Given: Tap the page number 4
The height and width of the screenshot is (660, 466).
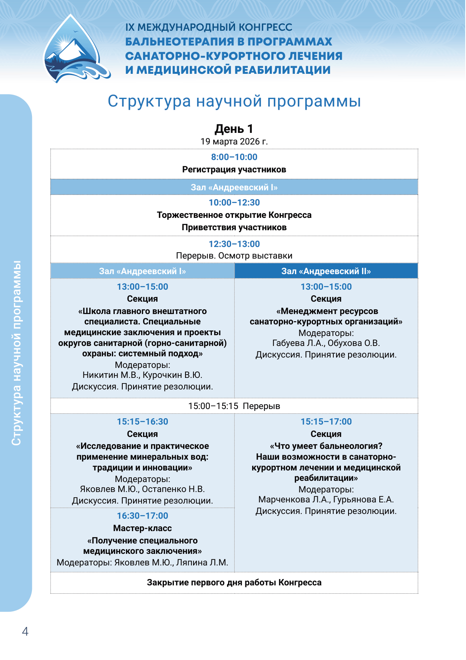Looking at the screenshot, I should (25, 631).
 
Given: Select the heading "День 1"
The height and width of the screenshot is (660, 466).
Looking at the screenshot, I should (234, 129).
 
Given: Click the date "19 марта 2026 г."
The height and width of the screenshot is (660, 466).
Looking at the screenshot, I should (234, 142).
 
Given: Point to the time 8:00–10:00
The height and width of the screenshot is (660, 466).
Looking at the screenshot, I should (234, 157).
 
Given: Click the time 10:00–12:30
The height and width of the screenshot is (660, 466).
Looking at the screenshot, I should (234, 203).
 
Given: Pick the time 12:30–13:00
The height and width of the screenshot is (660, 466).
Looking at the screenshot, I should (234, 244).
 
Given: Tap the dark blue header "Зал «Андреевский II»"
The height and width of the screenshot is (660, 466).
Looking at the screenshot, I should (326, 271).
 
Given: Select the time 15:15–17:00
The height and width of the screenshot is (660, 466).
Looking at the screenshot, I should (326, 422).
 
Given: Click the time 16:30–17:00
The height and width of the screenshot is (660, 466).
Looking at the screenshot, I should (142, 516).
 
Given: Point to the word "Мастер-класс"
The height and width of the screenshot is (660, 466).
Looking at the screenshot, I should (142, 528).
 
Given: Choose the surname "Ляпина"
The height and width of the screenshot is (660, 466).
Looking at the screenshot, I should (194, 563).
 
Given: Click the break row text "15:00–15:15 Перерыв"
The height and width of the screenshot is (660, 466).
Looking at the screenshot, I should (234, 406).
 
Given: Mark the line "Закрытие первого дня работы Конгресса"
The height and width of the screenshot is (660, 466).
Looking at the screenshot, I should (234, 583).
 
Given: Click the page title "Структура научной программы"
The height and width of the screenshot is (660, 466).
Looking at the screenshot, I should (234, 101).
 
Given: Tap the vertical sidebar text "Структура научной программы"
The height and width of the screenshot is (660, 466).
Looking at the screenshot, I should (16, 353).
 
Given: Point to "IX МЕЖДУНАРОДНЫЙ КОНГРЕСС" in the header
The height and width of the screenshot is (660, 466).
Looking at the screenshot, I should (209, 28).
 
